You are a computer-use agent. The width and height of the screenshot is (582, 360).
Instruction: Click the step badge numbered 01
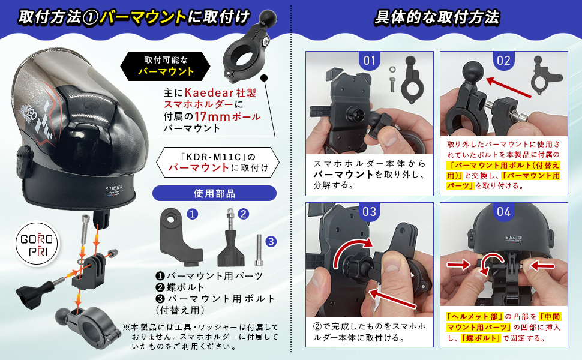[x=370, y=61]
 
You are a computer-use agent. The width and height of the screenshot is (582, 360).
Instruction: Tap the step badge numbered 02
[x=503, y=61]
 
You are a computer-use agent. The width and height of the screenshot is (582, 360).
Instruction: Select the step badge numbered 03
[x=370, y=212]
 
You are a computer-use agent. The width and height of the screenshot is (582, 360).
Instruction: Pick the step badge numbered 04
[x=503, y=212]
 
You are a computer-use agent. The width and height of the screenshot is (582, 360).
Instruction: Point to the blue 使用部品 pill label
[x=214, y=193]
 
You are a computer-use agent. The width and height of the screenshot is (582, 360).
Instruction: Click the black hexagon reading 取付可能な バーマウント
[x=166, y=67]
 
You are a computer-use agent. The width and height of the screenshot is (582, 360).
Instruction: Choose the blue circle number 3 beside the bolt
[x=271, y=241]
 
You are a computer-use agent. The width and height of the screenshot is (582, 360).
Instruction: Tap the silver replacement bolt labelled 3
[x=259, y=251]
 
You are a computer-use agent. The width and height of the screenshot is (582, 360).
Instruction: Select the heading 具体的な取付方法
[x=436, y=17]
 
